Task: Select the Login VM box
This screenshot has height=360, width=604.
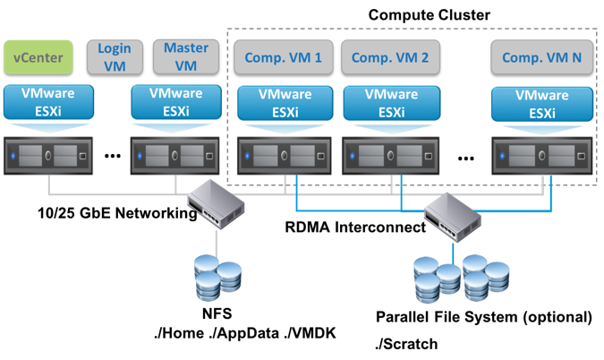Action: click(115, 56)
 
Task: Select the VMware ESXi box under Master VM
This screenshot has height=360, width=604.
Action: click(175, 100)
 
